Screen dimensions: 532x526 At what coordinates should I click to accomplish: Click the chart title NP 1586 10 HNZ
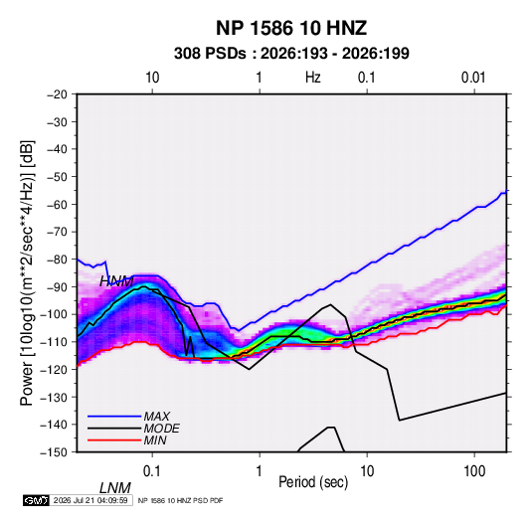click(291, 28)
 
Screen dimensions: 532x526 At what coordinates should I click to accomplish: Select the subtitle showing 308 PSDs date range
click(291, 54)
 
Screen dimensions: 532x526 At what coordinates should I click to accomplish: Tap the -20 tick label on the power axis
click(57, 94)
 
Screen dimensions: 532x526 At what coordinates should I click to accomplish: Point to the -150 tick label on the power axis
click(54, 452)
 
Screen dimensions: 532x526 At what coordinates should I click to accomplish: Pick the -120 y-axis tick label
click(54, 369)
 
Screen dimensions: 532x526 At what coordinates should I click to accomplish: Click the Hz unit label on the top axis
click(313, 78)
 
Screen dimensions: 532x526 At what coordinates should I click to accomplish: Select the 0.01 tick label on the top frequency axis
click(473, 78)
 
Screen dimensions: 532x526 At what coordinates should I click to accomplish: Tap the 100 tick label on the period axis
click(474, 471)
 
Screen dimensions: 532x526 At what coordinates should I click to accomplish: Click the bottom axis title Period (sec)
click(313, 482)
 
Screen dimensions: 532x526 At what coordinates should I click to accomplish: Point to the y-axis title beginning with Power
click(27, 273)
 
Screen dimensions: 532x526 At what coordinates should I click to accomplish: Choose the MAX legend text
click(156, 417)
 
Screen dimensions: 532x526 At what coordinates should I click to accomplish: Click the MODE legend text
click(161, 429)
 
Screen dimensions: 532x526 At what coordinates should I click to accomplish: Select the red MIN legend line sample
click(114, 440)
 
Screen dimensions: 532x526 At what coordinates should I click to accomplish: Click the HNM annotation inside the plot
click(116, 281)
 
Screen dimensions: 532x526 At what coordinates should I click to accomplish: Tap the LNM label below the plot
click(115, 488)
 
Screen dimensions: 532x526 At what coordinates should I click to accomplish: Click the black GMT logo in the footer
click(37, 500)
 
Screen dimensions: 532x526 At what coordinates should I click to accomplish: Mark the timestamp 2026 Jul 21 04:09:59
click(90, 500)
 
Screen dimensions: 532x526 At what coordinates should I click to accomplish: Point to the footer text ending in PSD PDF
click(181, 500)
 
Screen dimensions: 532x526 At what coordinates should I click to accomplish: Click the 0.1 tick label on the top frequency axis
click(367, 78)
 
